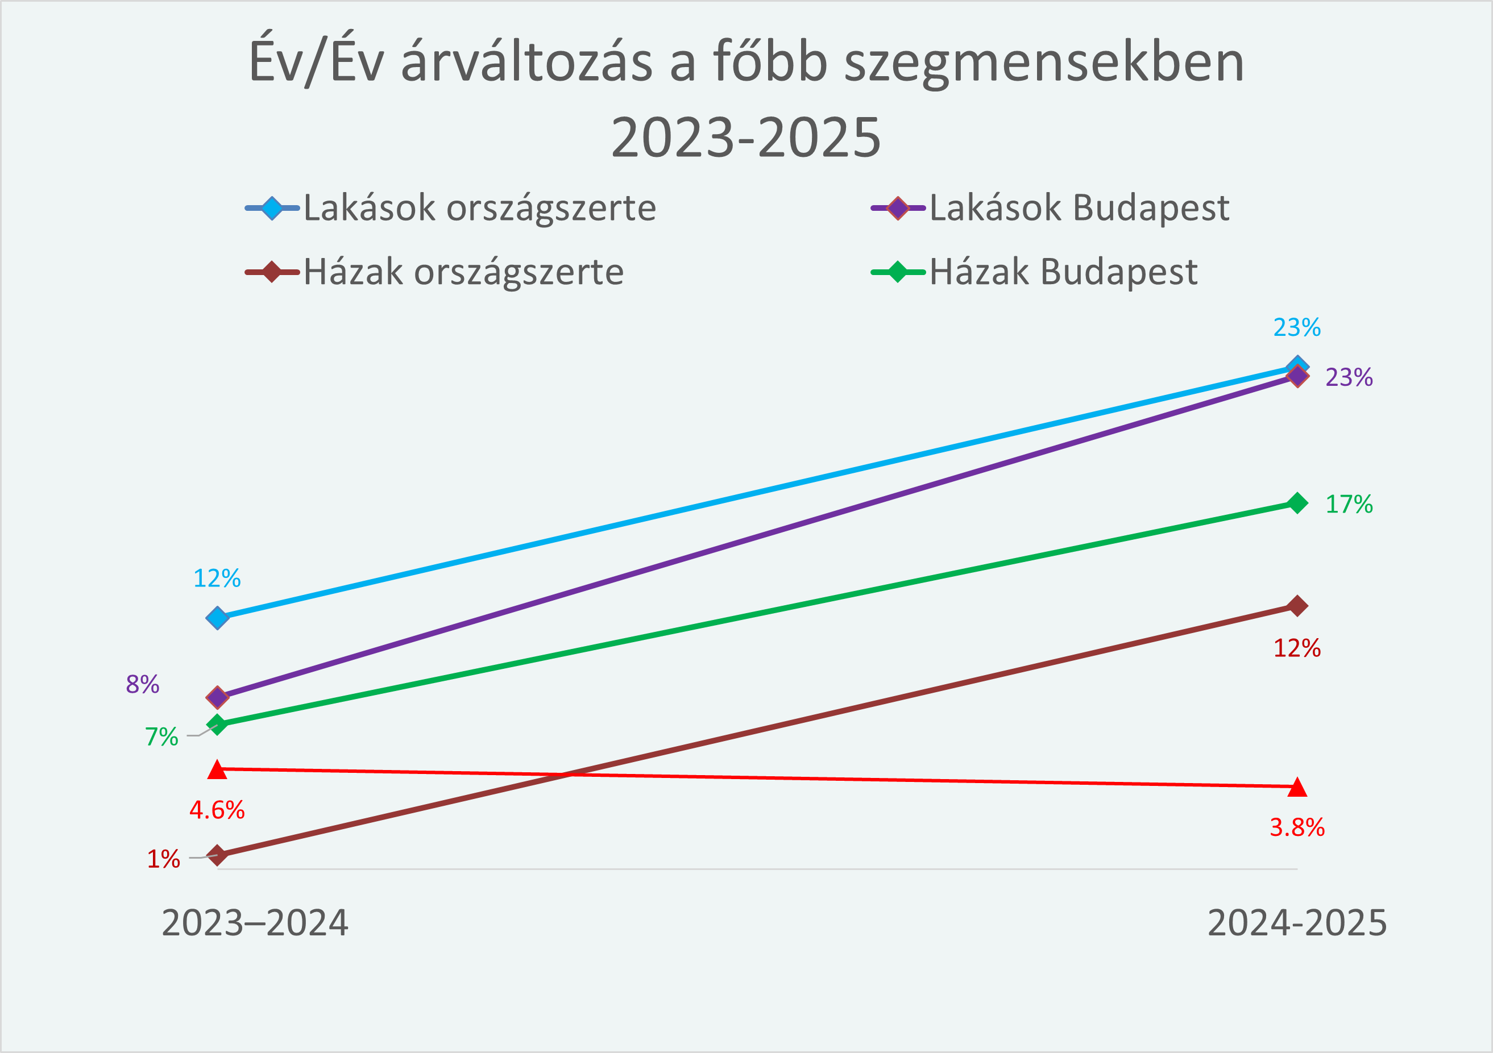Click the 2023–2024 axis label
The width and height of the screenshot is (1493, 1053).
(255, 923)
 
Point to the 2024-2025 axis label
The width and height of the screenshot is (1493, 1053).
(1297, 923)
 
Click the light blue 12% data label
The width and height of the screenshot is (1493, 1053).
(217, 578)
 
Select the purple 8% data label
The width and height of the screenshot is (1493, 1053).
(142, 684)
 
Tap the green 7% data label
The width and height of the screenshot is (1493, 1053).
(161, 736)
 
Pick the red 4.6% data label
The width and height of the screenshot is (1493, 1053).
(217, 810)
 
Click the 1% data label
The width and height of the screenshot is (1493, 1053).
(163, 859)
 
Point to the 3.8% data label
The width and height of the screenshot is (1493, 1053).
(1297, 827)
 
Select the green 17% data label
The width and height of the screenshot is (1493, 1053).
(1349, 503)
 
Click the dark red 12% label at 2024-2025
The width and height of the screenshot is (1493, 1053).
(1297, 648)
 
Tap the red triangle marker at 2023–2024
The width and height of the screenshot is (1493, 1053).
(217, 770)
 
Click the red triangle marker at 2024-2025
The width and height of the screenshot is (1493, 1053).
(1297, 787)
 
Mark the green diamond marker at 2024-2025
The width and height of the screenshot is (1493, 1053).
(1297, 503)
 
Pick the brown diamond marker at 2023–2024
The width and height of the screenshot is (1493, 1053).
(217, 855)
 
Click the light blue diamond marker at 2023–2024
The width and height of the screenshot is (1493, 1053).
(217, 618)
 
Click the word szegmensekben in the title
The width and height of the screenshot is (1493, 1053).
(1044, 63)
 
